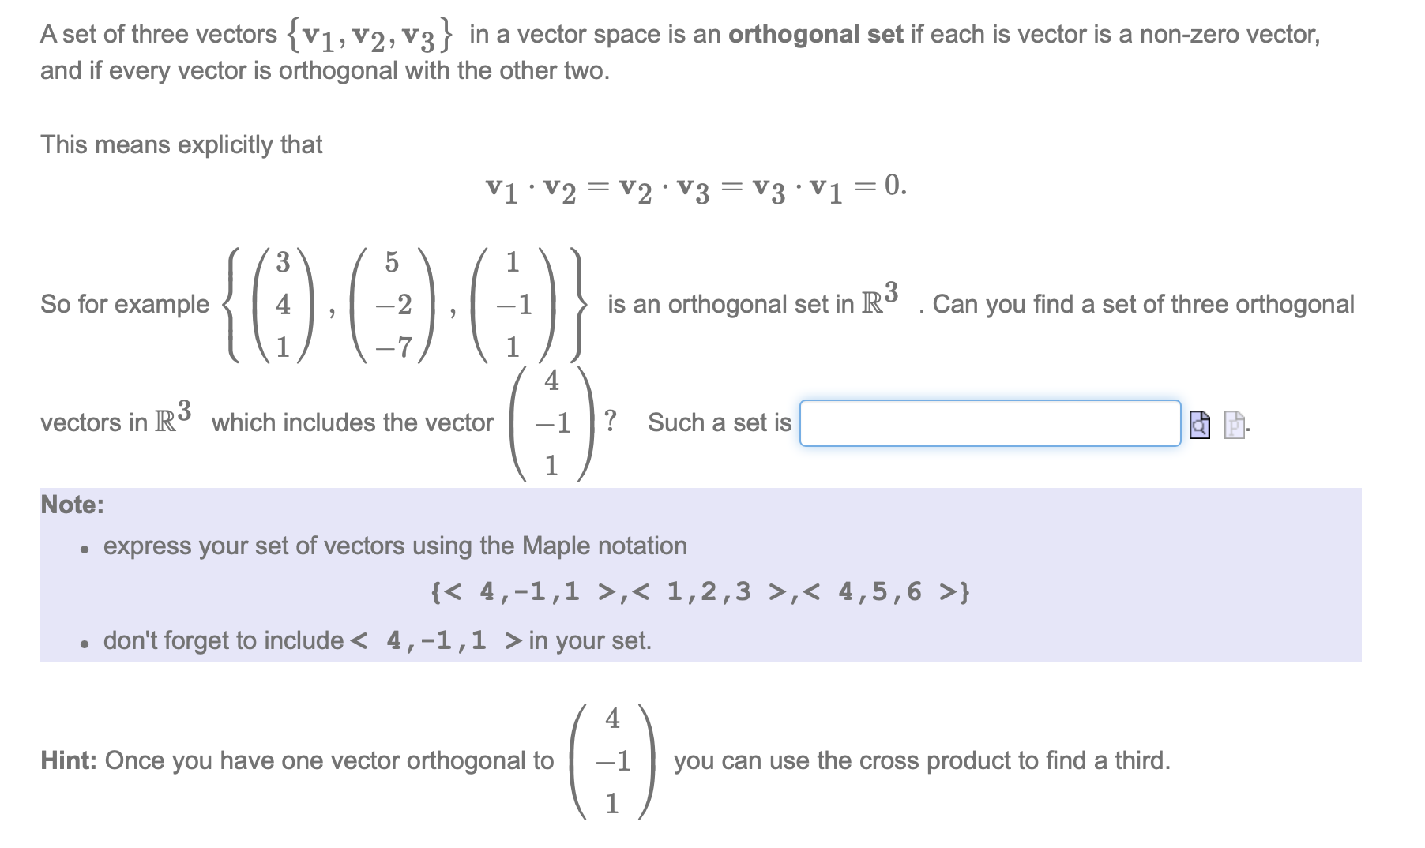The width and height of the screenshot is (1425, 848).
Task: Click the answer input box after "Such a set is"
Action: pos(989,423)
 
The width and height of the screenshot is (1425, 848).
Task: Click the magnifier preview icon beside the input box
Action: pos(1199,425)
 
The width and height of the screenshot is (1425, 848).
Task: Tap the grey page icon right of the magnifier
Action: pos(1234,425)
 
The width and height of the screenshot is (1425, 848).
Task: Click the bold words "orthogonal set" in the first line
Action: pos(815,35)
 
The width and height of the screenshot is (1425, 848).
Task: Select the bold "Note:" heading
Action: pos(72,505)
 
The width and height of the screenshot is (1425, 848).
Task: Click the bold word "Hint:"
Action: pos(70,760)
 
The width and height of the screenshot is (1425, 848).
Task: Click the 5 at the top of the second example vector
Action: pos(392,261)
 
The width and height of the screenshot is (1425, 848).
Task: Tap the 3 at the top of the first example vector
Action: pos(282,261)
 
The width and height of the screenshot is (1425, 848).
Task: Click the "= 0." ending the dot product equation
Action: pos(887,186)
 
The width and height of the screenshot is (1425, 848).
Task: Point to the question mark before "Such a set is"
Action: pos(610,420)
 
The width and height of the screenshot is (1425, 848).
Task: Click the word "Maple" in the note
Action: pos(556,546)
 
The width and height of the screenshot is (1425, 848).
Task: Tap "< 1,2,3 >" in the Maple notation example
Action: pos(708,591)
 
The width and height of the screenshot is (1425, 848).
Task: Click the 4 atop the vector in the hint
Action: pos(613,719)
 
